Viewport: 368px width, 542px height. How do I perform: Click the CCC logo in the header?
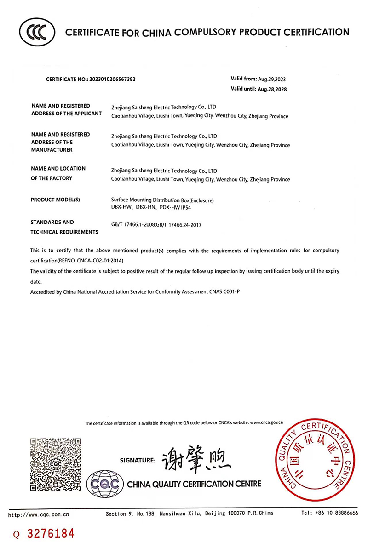click(x=37, y=32)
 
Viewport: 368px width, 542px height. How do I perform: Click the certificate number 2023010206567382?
click(x=112, y=79)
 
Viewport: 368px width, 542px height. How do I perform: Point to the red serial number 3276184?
click(x=51, y=534)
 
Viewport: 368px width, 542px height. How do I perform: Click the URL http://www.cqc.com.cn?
click(x=40, y=513)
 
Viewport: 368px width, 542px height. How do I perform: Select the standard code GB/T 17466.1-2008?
click(x=133, y=225)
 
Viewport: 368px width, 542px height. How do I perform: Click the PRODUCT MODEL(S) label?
click(x=56, y=200)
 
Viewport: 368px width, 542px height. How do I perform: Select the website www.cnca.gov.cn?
click(x=266, y=422)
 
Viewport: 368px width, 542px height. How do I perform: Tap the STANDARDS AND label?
click(x=52, y=222)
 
